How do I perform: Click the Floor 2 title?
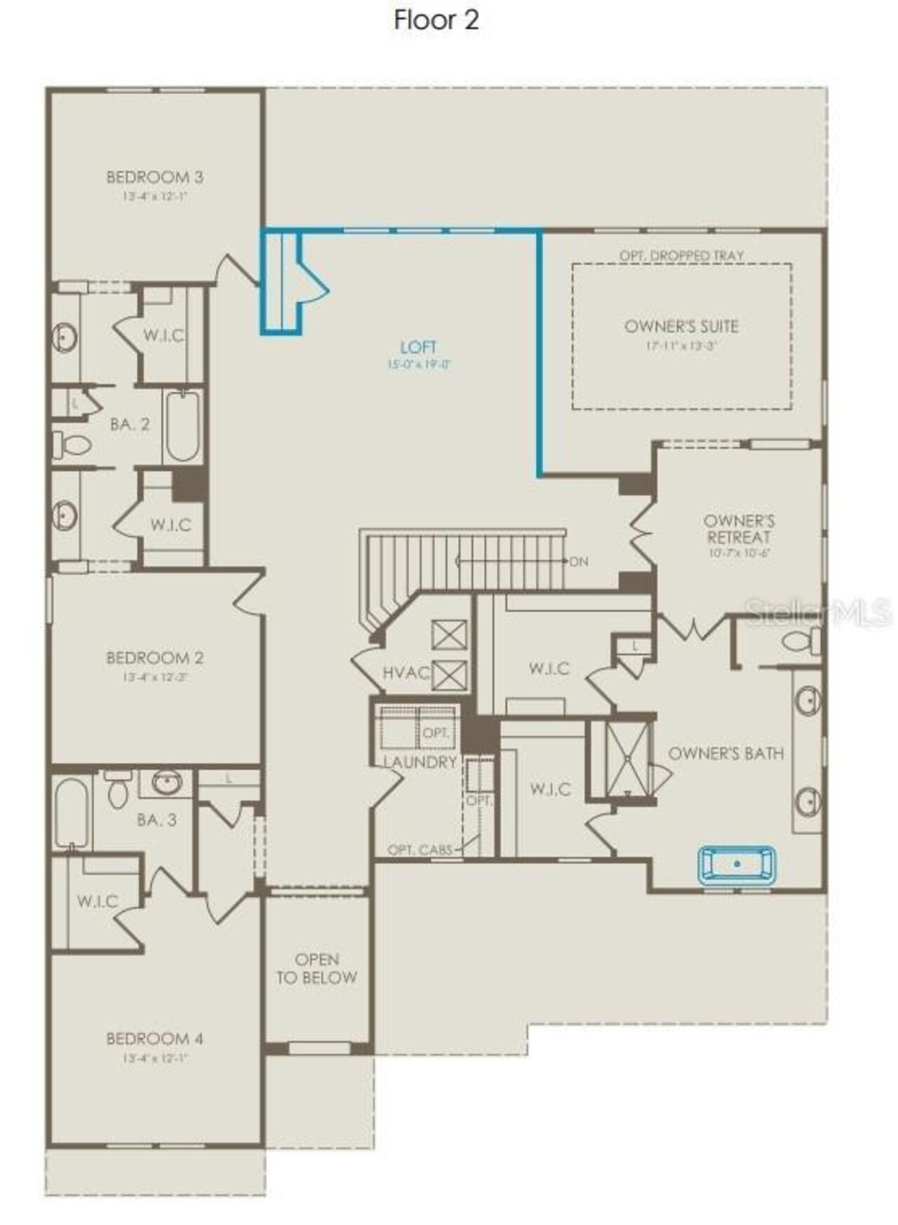[436, 20]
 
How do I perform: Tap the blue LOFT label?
[418, 347]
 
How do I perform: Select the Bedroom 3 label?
[154, 177]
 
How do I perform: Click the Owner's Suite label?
[681, 326]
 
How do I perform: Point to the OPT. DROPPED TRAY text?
[681, 256]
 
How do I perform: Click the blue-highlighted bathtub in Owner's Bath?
[737, 864]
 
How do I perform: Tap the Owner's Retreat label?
[739, 529]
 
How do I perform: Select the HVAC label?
[406, 673]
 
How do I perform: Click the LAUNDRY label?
[420, 762]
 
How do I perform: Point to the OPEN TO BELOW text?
[316, 968]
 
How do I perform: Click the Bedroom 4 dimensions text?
[154, 1058]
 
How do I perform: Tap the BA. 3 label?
[156, 820]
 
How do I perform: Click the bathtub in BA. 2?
[182, 426]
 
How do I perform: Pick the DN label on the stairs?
[579, 562]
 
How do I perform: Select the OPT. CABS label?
[420, 850]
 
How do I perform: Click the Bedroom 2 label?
[154, 658]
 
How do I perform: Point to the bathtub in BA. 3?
[71, 813]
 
